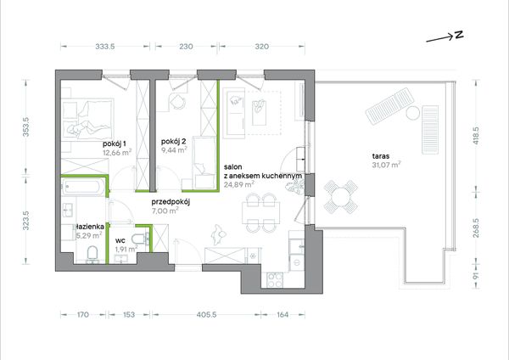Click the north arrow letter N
[459, 35]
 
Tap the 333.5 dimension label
[105, 47]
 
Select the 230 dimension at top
[186, 47]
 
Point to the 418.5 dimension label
[476, 136]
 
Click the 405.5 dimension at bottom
[206, 314]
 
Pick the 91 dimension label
[476, 276]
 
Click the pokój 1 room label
[115, 143]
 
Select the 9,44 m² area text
[174, 149]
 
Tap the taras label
[381, 156]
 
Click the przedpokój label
[171, 202]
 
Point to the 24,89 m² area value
[239, 184]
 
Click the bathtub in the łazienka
[83, 187]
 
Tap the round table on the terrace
[341, 197]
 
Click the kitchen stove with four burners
[275, 280]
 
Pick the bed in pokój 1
[87, 119]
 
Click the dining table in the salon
[260, 213]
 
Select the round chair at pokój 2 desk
[177, 101]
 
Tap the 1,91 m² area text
[126, 250]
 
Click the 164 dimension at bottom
[282, 314]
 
